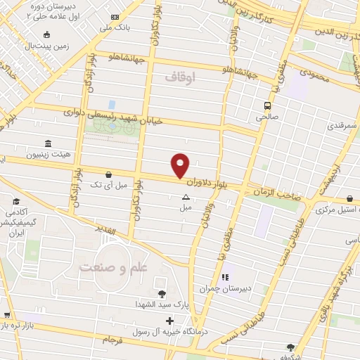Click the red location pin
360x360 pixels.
[x=181, y=165]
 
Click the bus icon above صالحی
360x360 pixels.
[x=266, y=105]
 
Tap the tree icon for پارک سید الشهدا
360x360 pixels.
[x=162, y=293]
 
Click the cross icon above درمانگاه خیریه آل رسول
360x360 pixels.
[x=169, y=321]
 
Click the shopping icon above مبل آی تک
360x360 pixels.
[x=108, y=174]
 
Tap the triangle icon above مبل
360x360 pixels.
[x=186, y=198]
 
